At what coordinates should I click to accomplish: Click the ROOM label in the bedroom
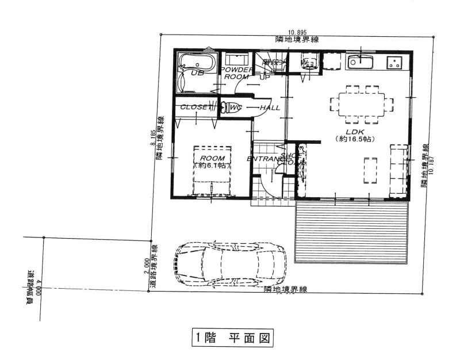(211, 158)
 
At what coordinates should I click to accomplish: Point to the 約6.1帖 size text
(211, 166)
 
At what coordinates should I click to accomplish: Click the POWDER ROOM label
(236, 73)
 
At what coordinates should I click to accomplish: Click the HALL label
(270, 108)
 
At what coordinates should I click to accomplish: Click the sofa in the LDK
(398, 171)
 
